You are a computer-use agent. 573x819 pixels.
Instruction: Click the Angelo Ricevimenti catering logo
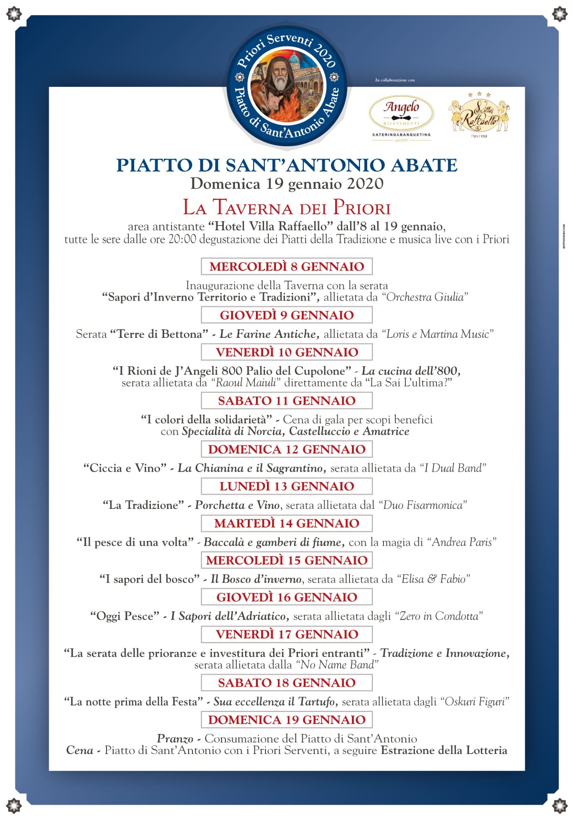[x=401, y=115]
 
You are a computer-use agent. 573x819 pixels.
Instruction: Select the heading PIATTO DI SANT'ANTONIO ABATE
[x=287, y=165]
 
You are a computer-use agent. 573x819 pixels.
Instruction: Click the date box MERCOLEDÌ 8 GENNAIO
[x=286, y=266]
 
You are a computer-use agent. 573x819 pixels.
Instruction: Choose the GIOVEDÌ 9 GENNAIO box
[x=286, y=315]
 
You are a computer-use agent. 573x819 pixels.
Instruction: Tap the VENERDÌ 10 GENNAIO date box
[x=286, y=352]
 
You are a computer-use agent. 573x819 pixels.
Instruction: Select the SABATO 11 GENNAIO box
[x=286, y=400]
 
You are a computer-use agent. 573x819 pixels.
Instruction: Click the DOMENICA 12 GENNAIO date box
[x=286, y=449]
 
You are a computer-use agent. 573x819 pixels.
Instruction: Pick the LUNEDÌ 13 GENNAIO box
[x=286, y=486]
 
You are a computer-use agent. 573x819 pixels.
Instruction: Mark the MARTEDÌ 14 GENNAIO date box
[x=286, y=523]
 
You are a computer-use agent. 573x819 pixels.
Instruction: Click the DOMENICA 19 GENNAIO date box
[x=286, y=720]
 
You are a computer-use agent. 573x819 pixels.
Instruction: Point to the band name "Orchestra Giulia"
[x=424, y=297]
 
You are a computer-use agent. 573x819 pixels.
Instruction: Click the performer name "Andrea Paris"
[x=462, y=542]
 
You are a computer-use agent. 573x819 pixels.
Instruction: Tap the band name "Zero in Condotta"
[x=439, y=616]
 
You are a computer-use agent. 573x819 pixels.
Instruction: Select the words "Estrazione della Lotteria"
[x=444, y=750]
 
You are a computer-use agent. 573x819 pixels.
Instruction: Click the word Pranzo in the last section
[x=175, y=739]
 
